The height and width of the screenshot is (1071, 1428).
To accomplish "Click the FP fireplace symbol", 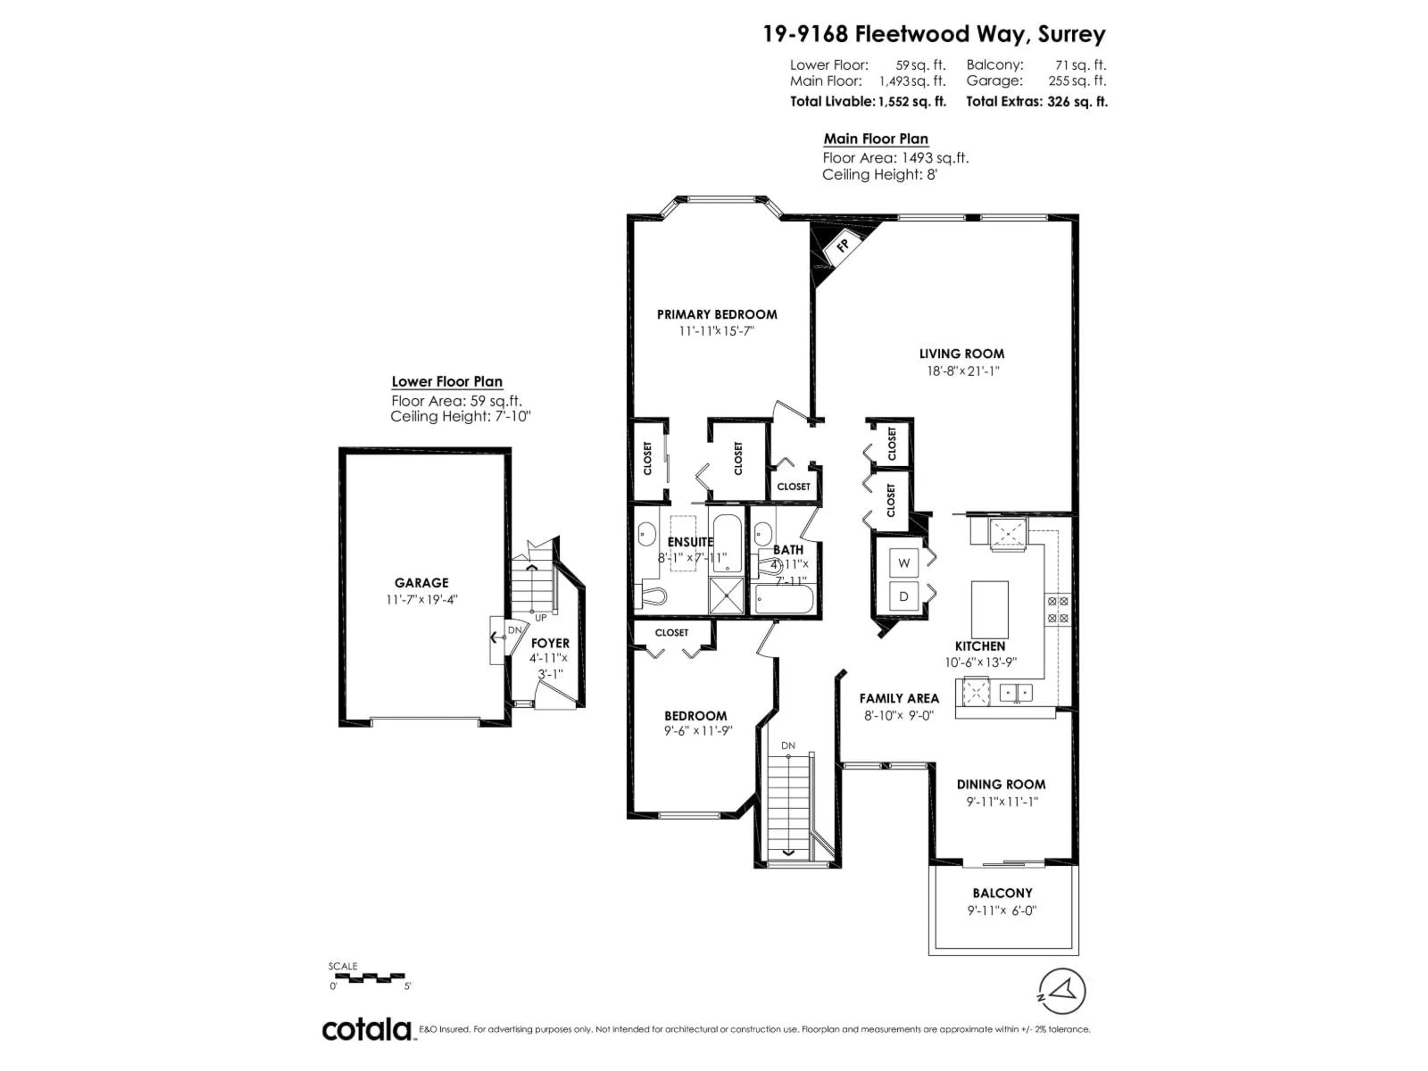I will click(x=842, y=245).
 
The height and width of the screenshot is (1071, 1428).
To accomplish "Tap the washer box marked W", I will click(x=904, y=563).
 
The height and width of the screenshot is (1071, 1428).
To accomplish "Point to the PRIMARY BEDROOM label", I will click(x=717, y=314).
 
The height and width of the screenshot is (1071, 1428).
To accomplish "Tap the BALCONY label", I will click(x=1003, y=893).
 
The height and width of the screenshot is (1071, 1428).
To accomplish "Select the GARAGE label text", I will click(x=422, y=582).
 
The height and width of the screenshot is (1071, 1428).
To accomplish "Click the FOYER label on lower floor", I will click(x=550, y=643).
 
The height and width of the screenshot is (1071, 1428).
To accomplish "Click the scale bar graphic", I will click(x=367, y=977).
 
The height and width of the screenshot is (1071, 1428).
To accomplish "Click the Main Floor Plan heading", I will click(x=875, y=139).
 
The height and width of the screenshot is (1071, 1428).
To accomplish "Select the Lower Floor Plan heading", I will click(x=447, y=382).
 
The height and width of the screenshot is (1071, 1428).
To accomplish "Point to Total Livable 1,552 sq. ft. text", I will click(x=868, y=102).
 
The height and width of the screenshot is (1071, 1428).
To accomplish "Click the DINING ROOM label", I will click(x=1001, y=784).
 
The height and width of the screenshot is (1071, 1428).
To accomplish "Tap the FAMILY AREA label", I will click(x=898, y=698).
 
